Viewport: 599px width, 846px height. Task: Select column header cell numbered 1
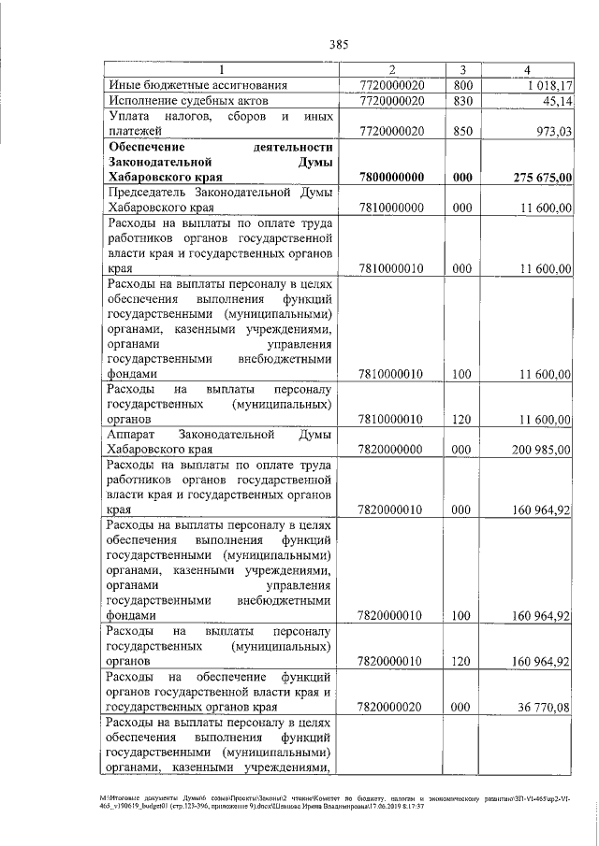pos(222,69)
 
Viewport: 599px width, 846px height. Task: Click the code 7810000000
pos(391,208)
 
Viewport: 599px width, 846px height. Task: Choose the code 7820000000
pos(391,450)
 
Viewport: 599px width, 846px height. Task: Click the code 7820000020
pos(391,708)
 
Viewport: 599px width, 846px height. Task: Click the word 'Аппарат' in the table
pos(133,435)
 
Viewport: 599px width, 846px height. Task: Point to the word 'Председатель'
pos(147,193)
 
